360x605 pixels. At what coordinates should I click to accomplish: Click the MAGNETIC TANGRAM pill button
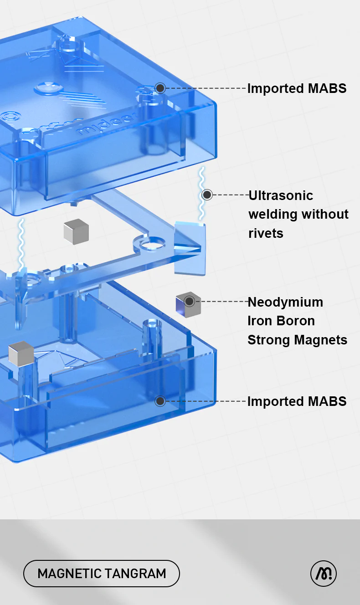click(102, 573)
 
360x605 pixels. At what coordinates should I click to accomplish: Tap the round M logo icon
click(324, 573)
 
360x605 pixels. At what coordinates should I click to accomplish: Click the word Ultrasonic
click(281, 195)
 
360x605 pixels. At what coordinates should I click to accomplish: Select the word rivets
click(266, 233)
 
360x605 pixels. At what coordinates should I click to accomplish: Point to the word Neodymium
click(285, 302)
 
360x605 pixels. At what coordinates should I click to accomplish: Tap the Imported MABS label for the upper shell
click(297, 88)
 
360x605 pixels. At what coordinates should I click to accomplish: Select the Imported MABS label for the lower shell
click(297, 401)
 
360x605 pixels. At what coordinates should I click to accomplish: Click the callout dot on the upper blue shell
click(160, 88)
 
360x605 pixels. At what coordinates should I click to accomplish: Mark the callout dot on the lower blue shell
click(160, 401)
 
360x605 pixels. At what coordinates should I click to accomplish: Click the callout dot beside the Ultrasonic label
click(207, 195)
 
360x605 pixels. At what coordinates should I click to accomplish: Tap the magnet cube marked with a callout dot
click(188, 304)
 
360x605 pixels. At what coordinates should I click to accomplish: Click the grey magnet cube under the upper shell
click(76, 231)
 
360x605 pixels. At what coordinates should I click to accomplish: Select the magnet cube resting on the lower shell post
click(21, 353)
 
